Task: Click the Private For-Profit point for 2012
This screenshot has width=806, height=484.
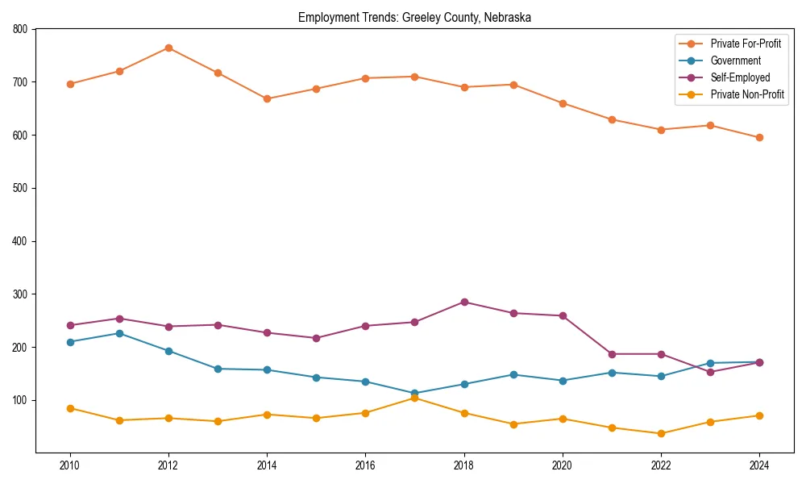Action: click(168, 48)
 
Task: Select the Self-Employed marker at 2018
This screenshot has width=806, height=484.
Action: click(464, 302)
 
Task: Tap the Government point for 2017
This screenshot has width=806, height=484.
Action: click(415, 394)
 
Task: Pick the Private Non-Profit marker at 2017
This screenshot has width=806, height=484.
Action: click(415, 398)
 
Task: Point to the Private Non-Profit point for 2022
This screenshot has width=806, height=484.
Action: click(661, 433)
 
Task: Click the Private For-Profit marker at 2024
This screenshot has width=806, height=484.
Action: click(759, 137)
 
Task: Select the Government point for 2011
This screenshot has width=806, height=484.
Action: click(119, 333)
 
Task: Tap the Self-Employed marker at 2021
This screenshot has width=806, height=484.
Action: click(612, 354)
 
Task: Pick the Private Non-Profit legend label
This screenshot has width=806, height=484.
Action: click(747, 94)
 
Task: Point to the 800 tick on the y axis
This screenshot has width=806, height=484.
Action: click(20, 29)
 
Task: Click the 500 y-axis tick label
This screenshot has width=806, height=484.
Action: click(20, 188)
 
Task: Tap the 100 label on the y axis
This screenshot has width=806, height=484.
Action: click(20, 400)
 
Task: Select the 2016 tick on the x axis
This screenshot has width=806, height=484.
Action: click(365, 465)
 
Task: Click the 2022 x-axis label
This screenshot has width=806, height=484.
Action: click(661, 465)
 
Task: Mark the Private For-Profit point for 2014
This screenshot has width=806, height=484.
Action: click(267, 98)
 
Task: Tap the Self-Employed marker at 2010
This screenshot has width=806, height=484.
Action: click(70, 325)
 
